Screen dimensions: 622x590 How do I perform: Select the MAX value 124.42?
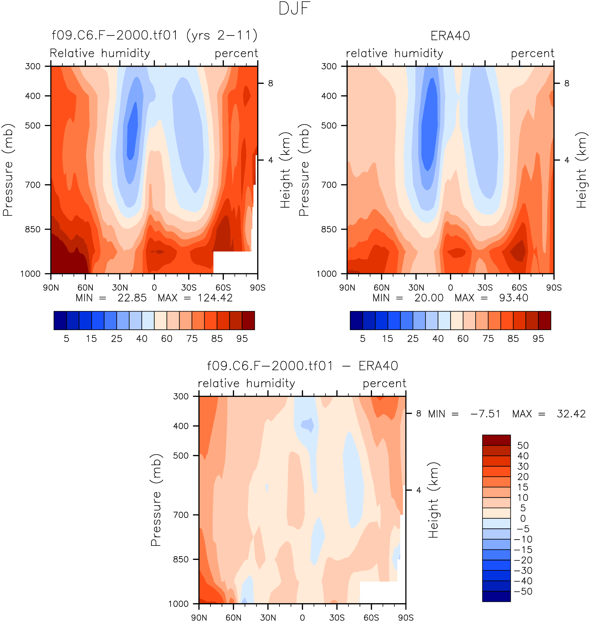(x=215, y=298)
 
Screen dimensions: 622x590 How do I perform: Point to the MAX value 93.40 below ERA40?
(x=514, y=298)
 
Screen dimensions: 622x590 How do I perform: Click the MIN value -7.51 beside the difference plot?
(x=485, y=414)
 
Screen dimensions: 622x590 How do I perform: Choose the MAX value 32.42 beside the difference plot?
(x=571, y=414)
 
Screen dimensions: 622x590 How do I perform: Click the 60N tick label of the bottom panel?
(x=233, y=618)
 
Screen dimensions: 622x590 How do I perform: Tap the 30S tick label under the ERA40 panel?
(x=485, y=288)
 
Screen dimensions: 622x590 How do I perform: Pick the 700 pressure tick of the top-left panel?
(x=33, y=185)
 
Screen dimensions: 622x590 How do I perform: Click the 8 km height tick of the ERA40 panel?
(x=566, y=83)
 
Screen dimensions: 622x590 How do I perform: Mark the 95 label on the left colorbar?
(x=242, y=339)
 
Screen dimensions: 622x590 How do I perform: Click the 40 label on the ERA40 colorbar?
(x=438, y=339)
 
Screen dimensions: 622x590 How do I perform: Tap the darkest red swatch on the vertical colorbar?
(x=496, y=440)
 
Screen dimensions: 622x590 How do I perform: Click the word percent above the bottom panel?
(x=384, y=383)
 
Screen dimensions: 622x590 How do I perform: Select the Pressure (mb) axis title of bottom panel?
(x=156, y=500)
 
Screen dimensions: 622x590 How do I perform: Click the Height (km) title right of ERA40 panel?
(x=582, y=170)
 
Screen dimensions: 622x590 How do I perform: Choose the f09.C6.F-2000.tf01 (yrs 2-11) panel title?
(x=154, y=35)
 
